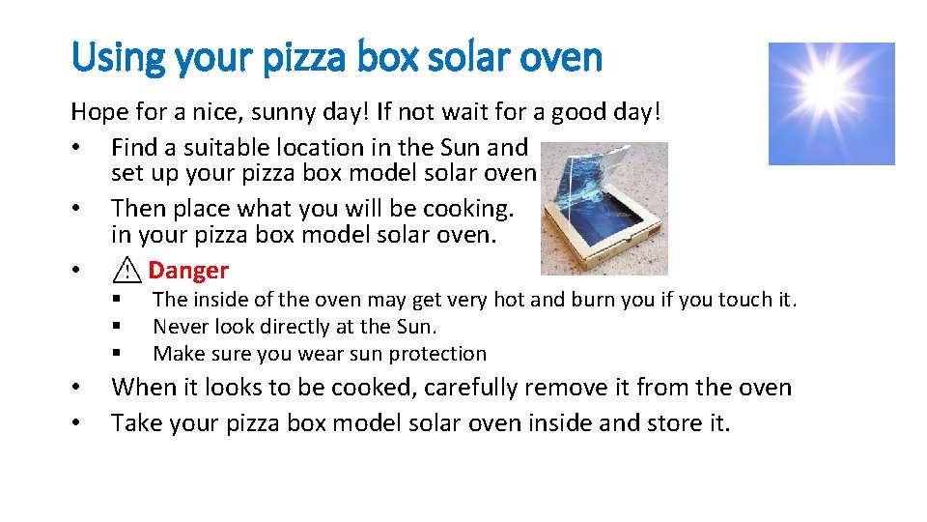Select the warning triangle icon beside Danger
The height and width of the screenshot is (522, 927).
126,272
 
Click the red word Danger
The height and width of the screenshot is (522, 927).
188,271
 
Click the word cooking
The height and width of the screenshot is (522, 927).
469,209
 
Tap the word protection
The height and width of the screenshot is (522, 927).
439,354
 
